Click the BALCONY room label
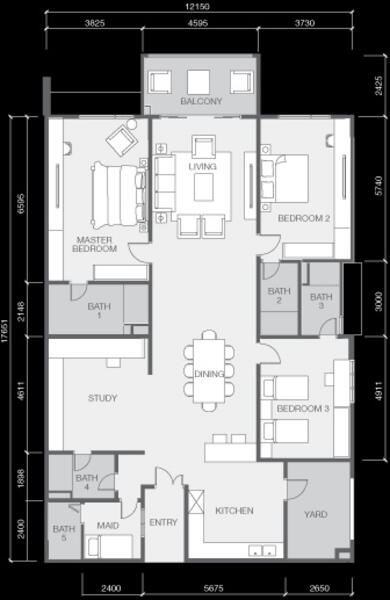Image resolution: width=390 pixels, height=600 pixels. [201, 101]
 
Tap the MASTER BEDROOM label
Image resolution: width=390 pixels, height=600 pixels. [94, 244]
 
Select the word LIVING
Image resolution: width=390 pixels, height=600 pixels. [202, 166]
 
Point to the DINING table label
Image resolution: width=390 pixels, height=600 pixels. [209, 374]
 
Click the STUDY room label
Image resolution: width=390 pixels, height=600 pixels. [102, 398]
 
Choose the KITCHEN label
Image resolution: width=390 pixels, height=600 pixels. [234, 511]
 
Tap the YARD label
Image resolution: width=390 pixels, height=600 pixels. [316, 514]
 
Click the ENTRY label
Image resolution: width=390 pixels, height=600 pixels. [163, 522]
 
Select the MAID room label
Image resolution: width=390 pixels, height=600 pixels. [108, 526]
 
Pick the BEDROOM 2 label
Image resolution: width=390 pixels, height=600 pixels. [304, 218]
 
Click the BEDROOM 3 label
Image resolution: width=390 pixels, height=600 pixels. [303, 409]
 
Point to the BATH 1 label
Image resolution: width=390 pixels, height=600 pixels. [99, 310]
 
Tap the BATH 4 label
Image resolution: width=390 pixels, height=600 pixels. [87, 482]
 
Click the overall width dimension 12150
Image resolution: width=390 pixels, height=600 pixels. [199, 7]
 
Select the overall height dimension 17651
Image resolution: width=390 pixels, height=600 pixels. [5, 331]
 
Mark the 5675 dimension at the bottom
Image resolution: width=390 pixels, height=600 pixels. [214, 588]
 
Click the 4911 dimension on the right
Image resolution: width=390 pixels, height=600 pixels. [379, 391]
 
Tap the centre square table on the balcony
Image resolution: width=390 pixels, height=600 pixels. [198, 82]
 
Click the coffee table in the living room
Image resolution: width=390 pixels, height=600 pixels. [204, 187]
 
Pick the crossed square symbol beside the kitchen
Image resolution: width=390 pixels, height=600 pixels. [196, 502]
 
